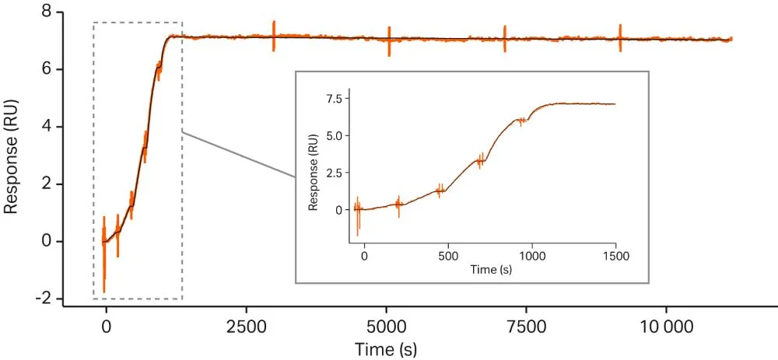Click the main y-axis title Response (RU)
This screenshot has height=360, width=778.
click(12, 156)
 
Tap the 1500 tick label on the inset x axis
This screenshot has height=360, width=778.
click(615, 255)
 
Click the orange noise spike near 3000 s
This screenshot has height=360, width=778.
click(274, 36)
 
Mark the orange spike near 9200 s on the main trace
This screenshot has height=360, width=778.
click(620, 37)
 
